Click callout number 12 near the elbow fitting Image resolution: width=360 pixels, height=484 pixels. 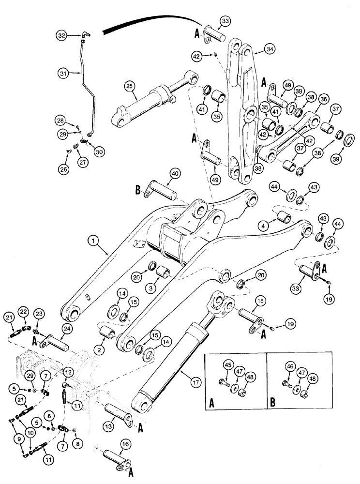pyautogui.click(x=68, y=372)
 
